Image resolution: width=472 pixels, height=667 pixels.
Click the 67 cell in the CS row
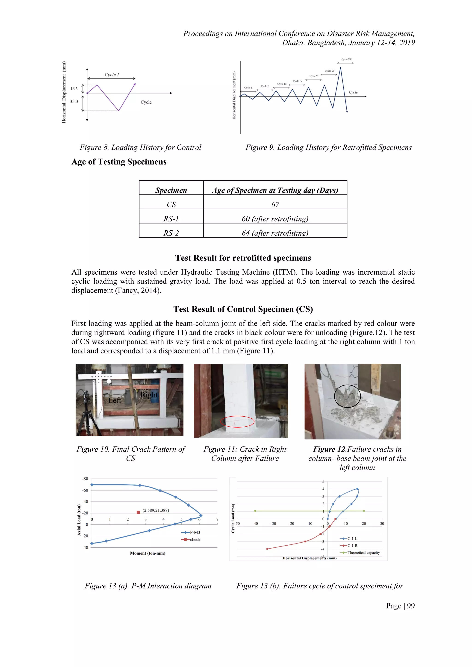pyautogui.click(x=275, y=205)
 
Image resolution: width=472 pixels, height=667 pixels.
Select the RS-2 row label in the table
pyautogui.click(x=171, y=233)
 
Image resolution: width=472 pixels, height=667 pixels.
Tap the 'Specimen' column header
pyautogui.click(x=171, y=190)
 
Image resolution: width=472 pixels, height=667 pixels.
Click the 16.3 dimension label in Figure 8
pyautogui.click(x=74, y=89)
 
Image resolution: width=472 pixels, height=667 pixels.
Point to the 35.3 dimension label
pyautogui.click(x=74, y=101)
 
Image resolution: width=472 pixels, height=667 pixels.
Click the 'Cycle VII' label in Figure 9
pyautogui.click(x=346, y=59)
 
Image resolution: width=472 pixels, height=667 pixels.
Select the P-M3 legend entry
pyautogui.click(x=195, y=532)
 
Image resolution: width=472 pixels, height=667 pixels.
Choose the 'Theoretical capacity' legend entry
pyautogui.click(x=363, y=552)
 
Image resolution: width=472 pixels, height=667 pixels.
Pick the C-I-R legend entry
pyautogui.click(x=352, y=546)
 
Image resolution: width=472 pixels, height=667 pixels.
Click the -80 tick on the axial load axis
pyautogui.click(x=85, y=479)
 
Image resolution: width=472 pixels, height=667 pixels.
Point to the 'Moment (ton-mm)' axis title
pyautogui.click(x=148, y=553)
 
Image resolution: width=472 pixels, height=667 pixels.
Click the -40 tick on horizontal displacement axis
pyautogui.click(x=255, y=523)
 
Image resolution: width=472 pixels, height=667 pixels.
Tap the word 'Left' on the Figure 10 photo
pyautogui.click(x=115, y=400)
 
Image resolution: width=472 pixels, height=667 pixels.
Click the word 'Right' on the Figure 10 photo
pyautogui.click(x=149, y=395)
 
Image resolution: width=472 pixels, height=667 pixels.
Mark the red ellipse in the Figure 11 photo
pyautogui.click(x=237, y=422)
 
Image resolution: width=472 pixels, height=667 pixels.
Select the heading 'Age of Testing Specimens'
pyautogui.click(x=119, y=162)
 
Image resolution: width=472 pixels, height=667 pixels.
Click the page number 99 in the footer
pyautogui.click(x=411, y=606)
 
